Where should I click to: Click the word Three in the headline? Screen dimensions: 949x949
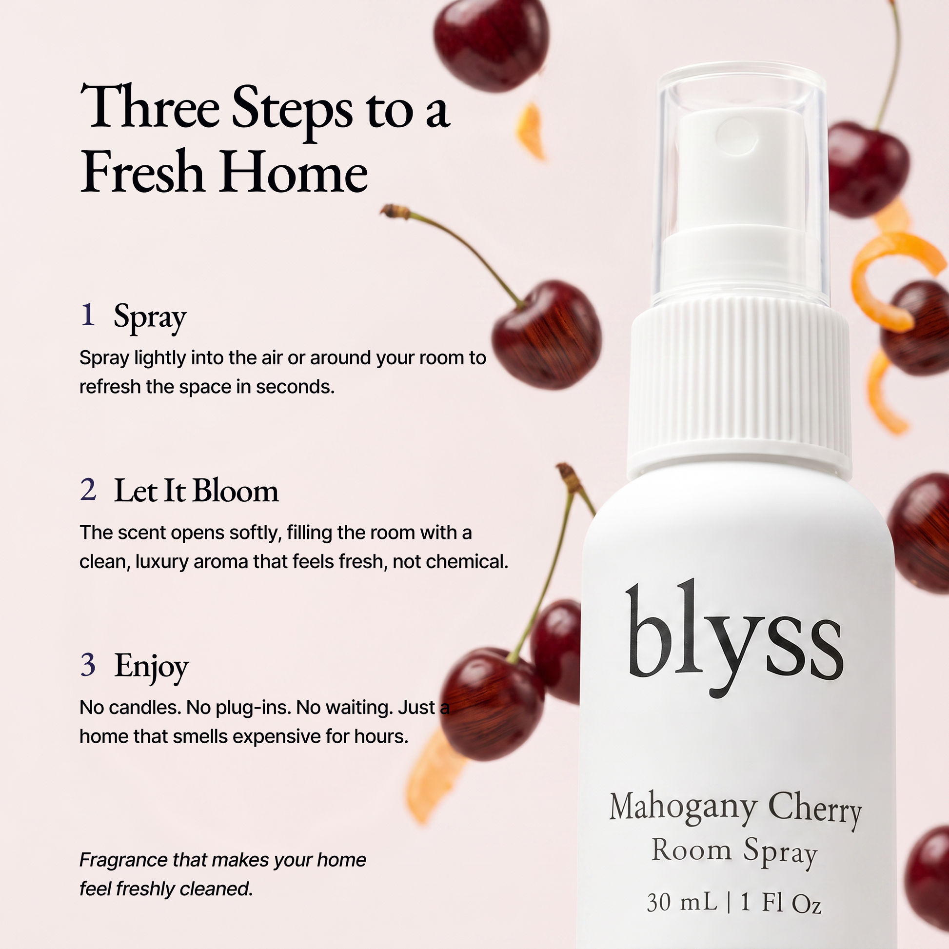tap(150, 107)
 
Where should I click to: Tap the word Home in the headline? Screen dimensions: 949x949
tap(294, 172)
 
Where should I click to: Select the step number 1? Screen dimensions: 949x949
tap(88, 315)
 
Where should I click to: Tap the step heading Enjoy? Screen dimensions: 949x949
tap(151, 668)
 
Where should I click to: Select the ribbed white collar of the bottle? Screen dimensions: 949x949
tap(740, 388)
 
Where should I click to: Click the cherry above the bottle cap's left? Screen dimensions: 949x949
tap(491, 44)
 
